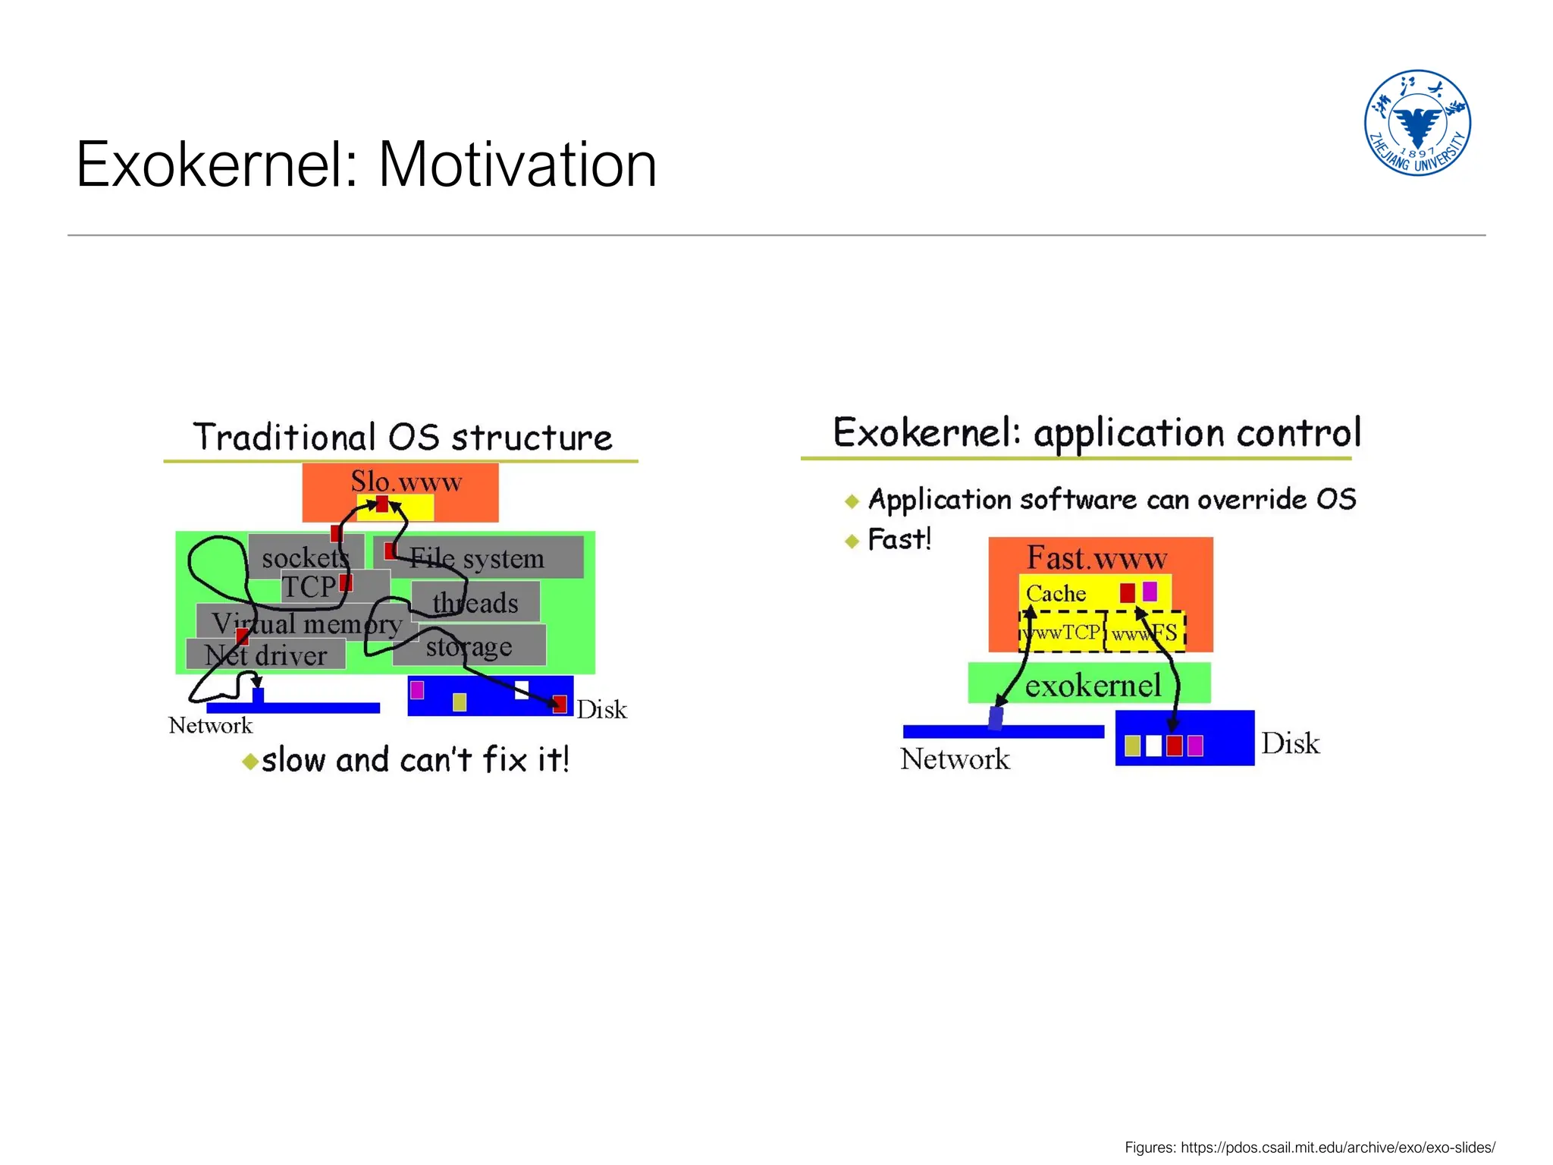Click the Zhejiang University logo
(1417, 123)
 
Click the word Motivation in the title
(517, 165)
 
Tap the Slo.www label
(406, 481)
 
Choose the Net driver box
(265, 655)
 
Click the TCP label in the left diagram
(309, 586)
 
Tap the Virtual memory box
(303, 623)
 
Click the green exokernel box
(1092, 684)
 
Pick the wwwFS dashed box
(1145, 632)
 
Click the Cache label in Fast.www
(1056, 593)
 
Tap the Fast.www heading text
(1097, 558)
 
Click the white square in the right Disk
(1153, 746)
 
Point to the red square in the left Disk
(560, 704)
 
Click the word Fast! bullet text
(899, 539)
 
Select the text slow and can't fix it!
(415, 760)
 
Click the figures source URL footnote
(1310, 1147)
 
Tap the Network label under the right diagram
(955, 758)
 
